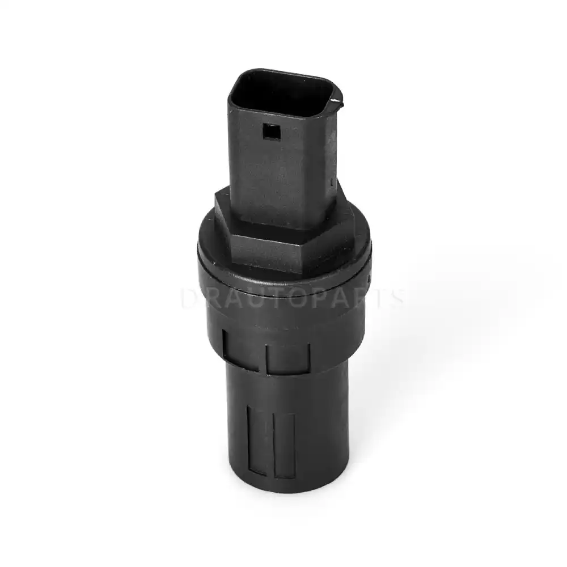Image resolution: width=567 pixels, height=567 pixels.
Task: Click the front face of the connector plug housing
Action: [x=272, y=164]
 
